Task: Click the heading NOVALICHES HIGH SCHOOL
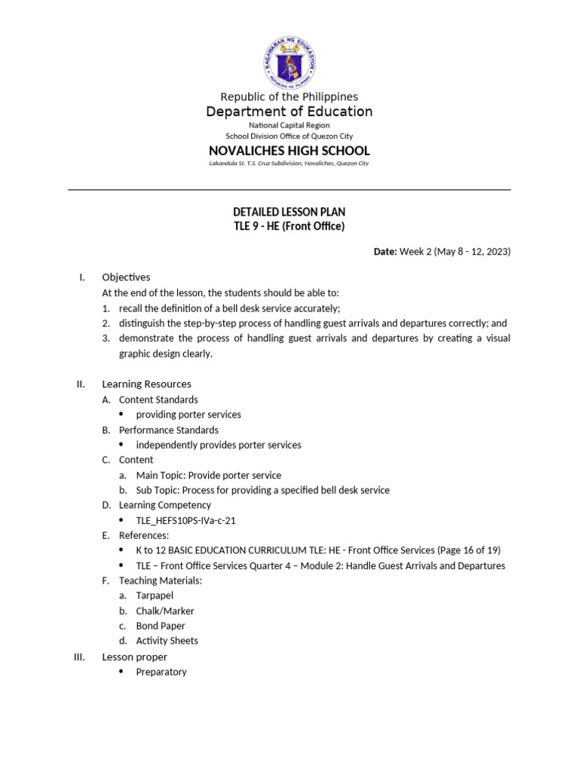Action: (x=289, y=151)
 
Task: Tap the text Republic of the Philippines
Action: (x=289, y=96)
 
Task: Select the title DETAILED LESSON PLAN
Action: (x=289, y=212)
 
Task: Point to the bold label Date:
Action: (x=384, y=252)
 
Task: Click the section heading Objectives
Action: (x=126, y=277)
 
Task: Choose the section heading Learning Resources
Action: (x=146, y=384)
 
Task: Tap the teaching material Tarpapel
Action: (x=155, y=596)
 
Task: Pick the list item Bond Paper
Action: (x=160, y=626)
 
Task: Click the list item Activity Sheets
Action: (x=167, y=641)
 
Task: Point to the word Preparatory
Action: (x=161, y=672)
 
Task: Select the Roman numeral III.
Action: (x=78, y=657)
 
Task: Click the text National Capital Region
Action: (x=289, y=124)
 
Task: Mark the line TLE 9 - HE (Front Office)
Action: (x=289, y=226)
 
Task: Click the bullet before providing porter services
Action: (x=122, y=415)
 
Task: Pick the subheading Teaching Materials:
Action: (x=161, y=581)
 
